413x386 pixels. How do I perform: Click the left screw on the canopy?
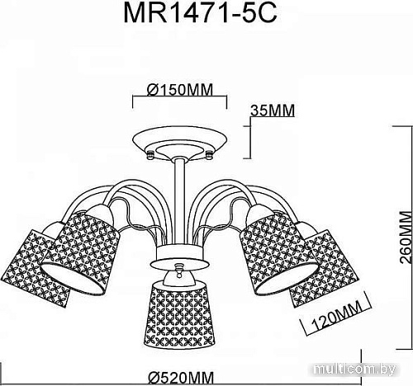click(x=150, y=153)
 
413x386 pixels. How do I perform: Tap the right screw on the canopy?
click(x=211, y=153)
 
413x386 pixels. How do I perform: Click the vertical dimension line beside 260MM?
click(x=391, y=239)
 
